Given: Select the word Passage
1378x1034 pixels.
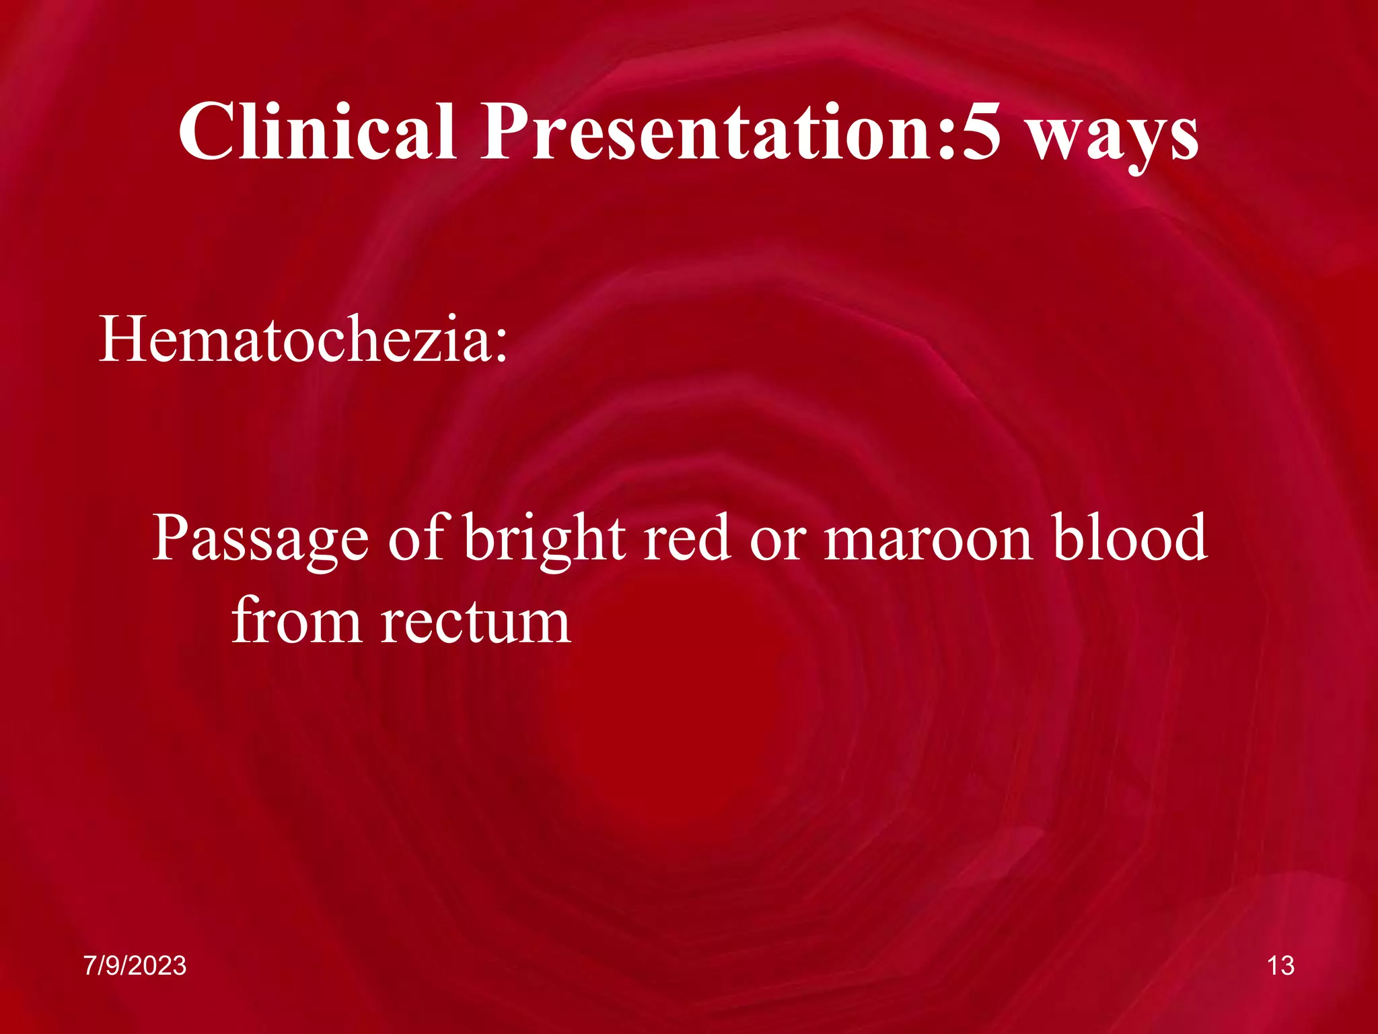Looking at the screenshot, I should (x=260, y=539).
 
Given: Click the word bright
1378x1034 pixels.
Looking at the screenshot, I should (x=544, y=539).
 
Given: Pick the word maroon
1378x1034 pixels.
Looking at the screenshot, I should (x=929, y=539).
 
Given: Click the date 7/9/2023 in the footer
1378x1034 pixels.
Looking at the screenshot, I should (x=135, y=965).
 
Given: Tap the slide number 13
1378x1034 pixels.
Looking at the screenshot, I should (x=1280, y=965).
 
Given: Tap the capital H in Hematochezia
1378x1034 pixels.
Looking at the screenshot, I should (x=122, y=339).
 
